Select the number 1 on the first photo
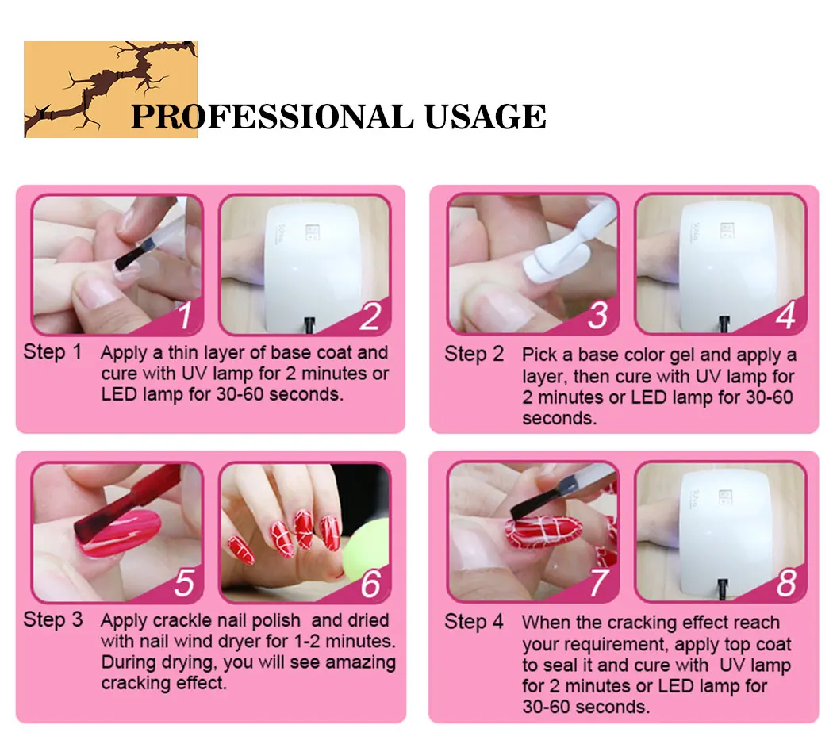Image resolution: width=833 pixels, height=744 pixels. pos(185,316)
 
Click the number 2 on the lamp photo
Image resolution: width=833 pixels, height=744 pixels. pos(370,316)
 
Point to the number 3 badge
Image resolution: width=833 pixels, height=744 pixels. pos(599,316)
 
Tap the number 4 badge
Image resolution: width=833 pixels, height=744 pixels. pos(785,316)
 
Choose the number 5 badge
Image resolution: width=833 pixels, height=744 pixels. pos(185,584)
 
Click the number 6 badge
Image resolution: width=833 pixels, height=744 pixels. pos(370,584)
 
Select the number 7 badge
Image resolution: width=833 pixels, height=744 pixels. pos(599,584)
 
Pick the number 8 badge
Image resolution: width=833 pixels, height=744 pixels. pos(785,584)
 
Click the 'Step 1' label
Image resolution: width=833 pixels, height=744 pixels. pos(52,352)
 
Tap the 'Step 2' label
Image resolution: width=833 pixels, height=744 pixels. pos(474,354)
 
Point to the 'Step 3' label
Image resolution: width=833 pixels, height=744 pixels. pos(52,619)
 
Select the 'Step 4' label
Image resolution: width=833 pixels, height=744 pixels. pos(474,622)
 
